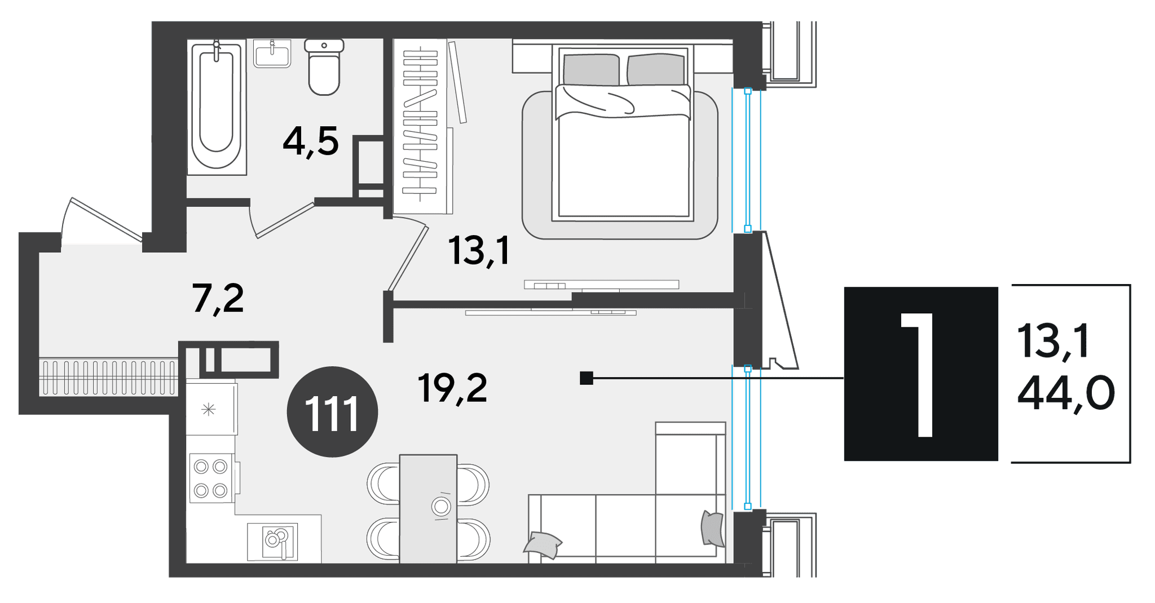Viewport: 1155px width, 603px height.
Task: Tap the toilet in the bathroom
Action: (x=324, y=66)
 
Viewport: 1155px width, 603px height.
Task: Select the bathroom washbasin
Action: (x=272, y=54)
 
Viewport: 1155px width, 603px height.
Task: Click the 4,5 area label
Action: (x=311, y=142)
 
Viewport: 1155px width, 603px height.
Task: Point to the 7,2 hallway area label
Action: (x=218, y=299)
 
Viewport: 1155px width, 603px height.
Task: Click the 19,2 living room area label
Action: (x=452, y=388)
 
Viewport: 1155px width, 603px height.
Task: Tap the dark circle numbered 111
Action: (x=332, y=411)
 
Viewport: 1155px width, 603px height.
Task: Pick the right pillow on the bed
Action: (x=656, y=70)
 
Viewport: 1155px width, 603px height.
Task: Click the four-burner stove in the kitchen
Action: (x=211, y=478)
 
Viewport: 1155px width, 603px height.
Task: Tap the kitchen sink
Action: (x=272, y=541)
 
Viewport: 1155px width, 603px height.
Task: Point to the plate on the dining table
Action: (x=441, y=507)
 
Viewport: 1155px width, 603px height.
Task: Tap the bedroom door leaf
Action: (x=408, y=258)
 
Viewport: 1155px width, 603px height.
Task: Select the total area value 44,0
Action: (x=1065, y=394)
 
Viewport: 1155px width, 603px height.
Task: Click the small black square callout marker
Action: (x=587, y=378)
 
